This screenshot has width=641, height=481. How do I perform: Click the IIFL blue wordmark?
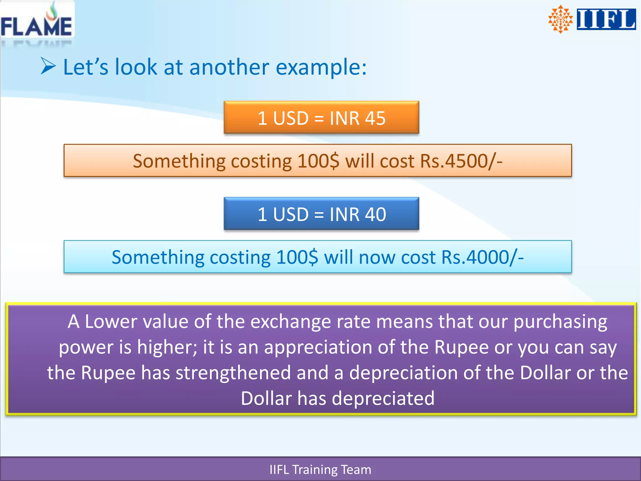tap(606, 19)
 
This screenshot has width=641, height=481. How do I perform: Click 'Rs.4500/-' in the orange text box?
tap(461, 161)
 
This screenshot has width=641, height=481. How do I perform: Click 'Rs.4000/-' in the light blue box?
tap(482, 257)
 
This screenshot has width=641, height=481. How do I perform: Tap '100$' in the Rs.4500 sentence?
tap(318, 161)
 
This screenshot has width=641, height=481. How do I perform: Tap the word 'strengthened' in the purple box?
tap(233, 373)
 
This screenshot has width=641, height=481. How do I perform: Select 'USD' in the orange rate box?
tap(291, 118)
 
